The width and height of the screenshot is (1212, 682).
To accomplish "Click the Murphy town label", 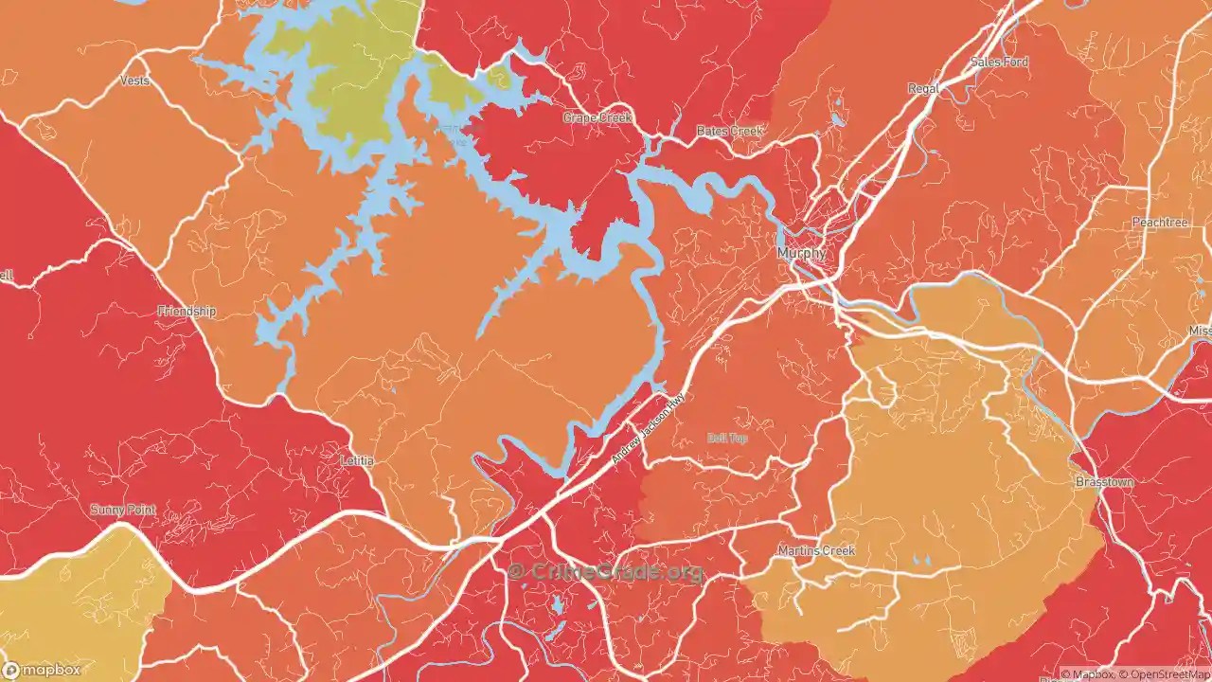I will (x=801, y=254).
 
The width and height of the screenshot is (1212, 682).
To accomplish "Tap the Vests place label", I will (x=134, y=81).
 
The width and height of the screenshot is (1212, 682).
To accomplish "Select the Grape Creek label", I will (x=597, y=117).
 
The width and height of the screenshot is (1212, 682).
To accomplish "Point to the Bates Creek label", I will (x=729, y=131).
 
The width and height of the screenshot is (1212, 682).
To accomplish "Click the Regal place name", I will (x=923, y=88).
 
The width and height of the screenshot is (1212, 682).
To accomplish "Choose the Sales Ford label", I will (x=999, y=63).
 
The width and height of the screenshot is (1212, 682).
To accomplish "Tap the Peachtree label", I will (x=1159, y=222).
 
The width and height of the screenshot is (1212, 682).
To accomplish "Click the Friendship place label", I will (x=187, y=311).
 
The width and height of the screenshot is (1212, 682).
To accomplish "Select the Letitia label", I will (x=357, y=460).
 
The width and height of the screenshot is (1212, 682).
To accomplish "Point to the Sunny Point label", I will (x=123, y=510).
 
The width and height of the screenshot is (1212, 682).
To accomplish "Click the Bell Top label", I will (x=727, y=438).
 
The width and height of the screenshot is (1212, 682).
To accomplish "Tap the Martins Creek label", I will (x=815, y=550).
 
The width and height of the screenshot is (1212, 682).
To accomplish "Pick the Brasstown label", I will (x=1103, y=482).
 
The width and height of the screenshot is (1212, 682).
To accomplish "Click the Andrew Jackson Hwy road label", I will (x=647, y=428).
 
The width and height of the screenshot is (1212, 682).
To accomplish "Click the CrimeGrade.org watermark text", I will (x=606, y=572).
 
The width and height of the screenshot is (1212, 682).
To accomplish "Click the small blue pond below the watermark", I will (x=557, y=604).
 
